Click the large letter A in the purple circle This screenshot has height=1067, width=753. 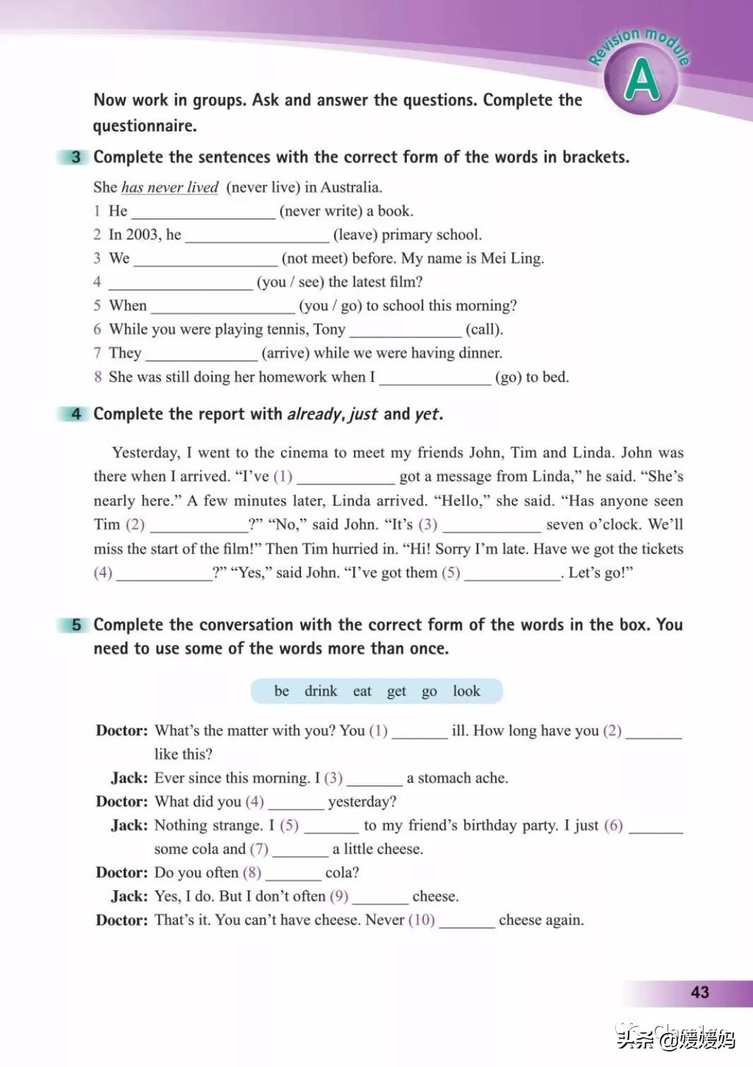(x=641, y=81)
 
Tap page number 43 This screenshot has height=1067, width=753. (x=699, y=992)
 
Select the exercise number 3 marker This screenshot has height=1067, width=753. (x=76, y=157)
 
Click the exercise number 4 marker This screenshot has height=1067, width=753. (x=76, y=414)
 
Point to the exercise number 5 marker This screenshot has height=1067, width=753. (x=76, y=625)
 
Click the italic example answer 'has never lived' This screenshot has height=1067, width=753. (x=170, y=187)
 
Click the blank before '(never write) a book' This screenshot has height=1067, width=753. (x=203, y=212)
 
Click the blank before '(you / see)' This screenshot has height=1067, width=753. (x=181, y=283)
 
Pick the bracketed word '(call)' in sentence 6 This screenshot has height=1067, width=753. (x=484, y=330)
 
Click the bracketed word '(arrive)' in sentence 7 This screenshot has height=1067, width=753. (x=285, y=353)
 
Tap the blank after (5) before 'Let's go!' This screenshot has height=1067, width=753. (x=512, y=573)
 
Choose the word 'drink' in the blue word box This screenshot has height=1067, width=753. (x=321, y=691)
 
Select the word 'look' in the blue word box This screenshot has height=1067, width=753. (x=466, y=691)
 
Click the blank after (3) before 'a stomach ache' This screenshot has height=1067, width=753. (x=374, y=779)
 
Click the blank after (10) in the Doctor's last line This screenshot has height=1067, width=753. (x=466, y=921)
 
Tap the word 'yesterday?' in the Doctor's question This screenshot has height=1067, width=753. (x=362, y=802)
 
